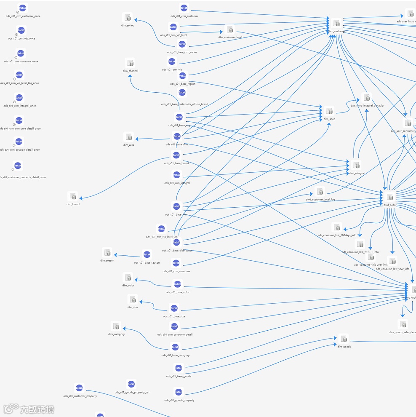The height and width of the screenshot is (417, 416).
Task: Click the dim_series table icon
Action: [127, 18]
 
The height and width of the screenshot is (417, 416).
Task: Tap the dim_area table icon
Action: [129, 137]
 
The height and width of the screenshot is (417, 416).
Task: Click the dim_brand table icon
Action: [73, 197]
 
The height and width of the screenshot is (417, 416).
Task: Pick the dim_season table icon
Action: [107, 253]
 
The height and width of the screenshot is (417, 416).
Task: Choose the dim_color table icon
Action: [128, 278]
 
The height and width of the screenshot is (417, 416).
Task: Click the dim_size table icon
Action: [133, 299]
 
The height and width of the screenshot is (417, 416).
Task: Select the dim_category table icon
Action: [116, 326]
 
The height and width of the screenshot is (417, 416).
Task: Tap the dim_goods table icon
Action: [344, 339]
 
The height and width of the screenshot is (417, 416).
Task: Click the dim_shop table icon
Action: [329, 111]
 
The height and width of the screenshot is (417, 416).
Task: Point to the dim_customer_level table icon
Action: [230, 29]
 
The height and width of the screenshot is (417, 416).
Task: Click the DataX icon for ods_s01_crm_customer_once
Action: [23, 8]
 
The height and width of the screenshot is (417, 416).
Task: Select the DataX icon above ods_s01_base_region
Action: [182, 76]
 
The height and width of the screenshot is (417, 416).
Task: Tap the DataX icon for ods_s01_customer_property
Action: [80, 388]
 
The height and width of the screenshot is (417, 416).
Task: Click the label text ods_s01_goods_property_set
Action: [132, 392]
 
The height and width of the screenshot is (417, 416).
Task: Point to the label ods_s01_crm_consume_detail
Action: [175, 334]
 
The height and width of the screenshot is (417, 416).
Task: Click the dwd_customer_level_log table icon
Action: [320, 192]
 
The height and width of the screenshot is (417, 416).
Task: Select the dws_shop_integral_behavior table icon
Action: [367, 98]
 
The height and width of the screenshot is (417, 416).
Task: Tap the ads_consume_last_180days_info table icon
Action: [336, 227]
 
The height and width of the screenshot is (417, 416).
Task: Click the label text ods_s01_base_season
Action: [147, 262]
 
